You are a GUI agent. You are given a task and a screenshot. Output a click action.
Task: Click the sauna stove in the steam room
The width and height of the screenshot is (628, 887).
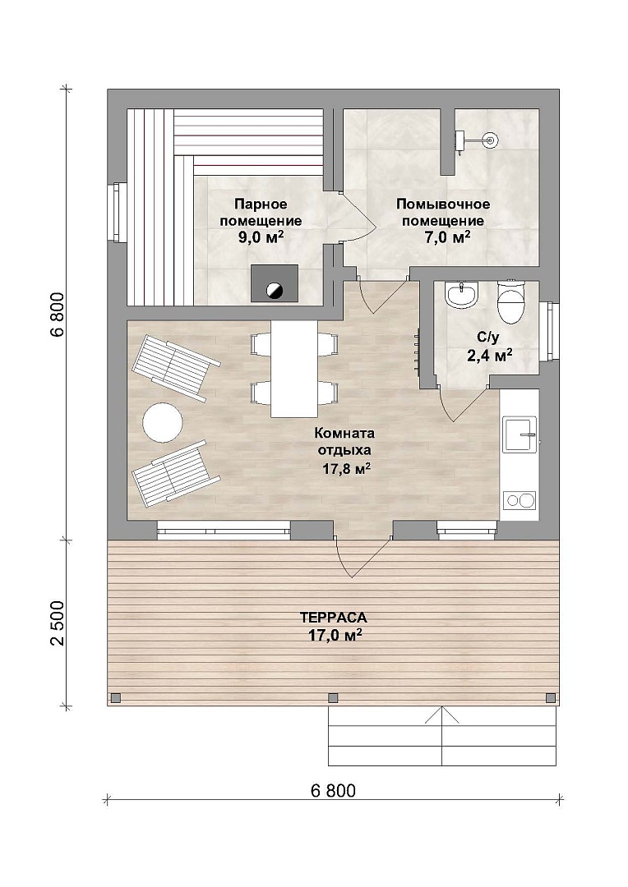tap(275, 283)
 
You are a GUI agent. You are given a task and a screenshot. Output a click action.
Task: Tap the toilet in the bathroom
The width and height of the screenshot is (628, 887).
tap(512, 302)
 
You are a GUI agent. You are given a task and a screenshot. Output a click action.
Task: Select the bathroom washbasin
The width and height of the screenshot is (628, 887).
tap(462, 295)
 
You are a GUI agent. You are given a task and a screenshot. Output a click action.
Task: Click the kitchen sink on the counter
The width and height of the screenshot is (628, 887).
tap(519, 434)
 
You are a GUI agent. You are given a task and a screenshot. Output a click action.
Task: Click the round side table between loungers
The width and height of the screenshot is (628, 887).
tap(163, 422)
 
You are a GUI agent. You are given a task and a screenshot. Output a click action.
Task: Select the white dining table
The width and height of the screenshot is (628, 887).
tap(294, 368)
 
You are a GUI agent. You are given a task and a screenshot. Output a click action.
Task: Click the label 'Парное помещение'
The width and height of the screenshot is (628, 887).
tap(261, 212)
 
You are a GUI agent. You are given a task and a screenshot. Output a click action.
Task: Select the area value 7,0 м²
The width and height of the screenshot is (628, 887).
tap(447, 237)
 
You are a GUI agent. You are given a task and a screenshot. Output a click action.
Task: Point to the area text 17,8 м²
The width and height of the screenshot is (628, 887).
tap(347, 468)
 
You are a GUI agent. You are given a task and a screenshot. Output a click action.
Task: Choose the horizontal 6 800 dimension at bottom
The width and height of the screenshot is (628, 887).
tap(334, 790)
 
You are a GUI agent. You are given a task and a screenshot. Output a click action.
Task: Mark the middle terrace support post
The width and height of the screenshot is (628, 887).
tap(333, 697)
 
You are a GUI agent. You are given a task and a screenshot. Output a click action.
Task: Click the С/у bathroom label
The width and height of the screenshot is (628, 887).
tap(488, 338)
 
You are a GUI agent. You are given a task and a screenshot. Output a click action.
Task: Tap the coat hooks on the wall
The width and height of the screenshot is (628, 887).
tap(418, 347)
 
